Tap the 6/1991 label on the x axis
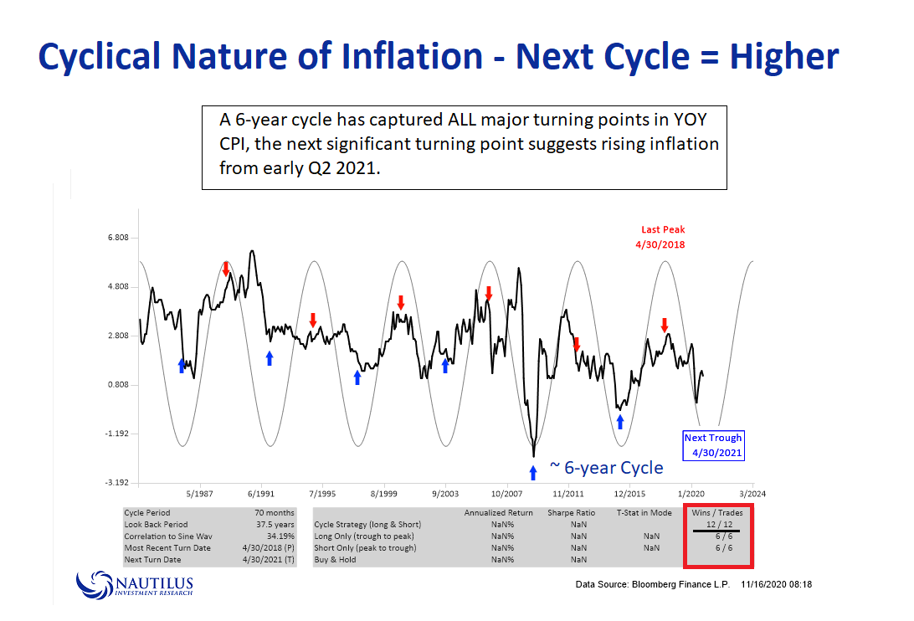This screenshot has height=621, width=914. coord(261,495)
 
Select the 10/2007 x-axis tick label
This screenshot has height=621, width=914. coord(507,495)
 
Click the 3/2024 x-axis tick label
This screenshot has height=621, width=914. coord(752,495)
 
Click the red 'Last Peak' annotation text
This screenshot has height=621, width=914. coord(663,229)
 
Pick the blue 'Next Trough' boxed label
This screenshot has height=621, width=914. coord(713,444)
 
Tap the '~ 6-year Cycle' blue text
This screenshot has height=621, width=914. coord(606,468)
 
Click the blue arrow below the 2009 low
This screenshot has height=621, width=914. coord(533,473)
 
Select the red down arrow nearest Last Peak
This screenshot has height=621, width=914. coord(664,325)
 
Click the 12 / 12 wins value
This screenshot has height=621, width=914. coord(716,524)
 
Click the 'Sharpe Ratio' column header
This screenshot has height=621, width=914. coord(572,512)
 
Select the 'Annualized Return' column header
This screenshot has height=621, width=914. coord(499,512)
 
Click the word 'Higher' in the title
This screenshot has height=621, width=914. coord(784,57)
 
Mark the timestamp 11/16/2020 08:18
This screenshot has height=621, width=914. coord(776,583)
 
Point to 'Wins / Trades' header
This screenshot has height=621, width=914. coord(716,512)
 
